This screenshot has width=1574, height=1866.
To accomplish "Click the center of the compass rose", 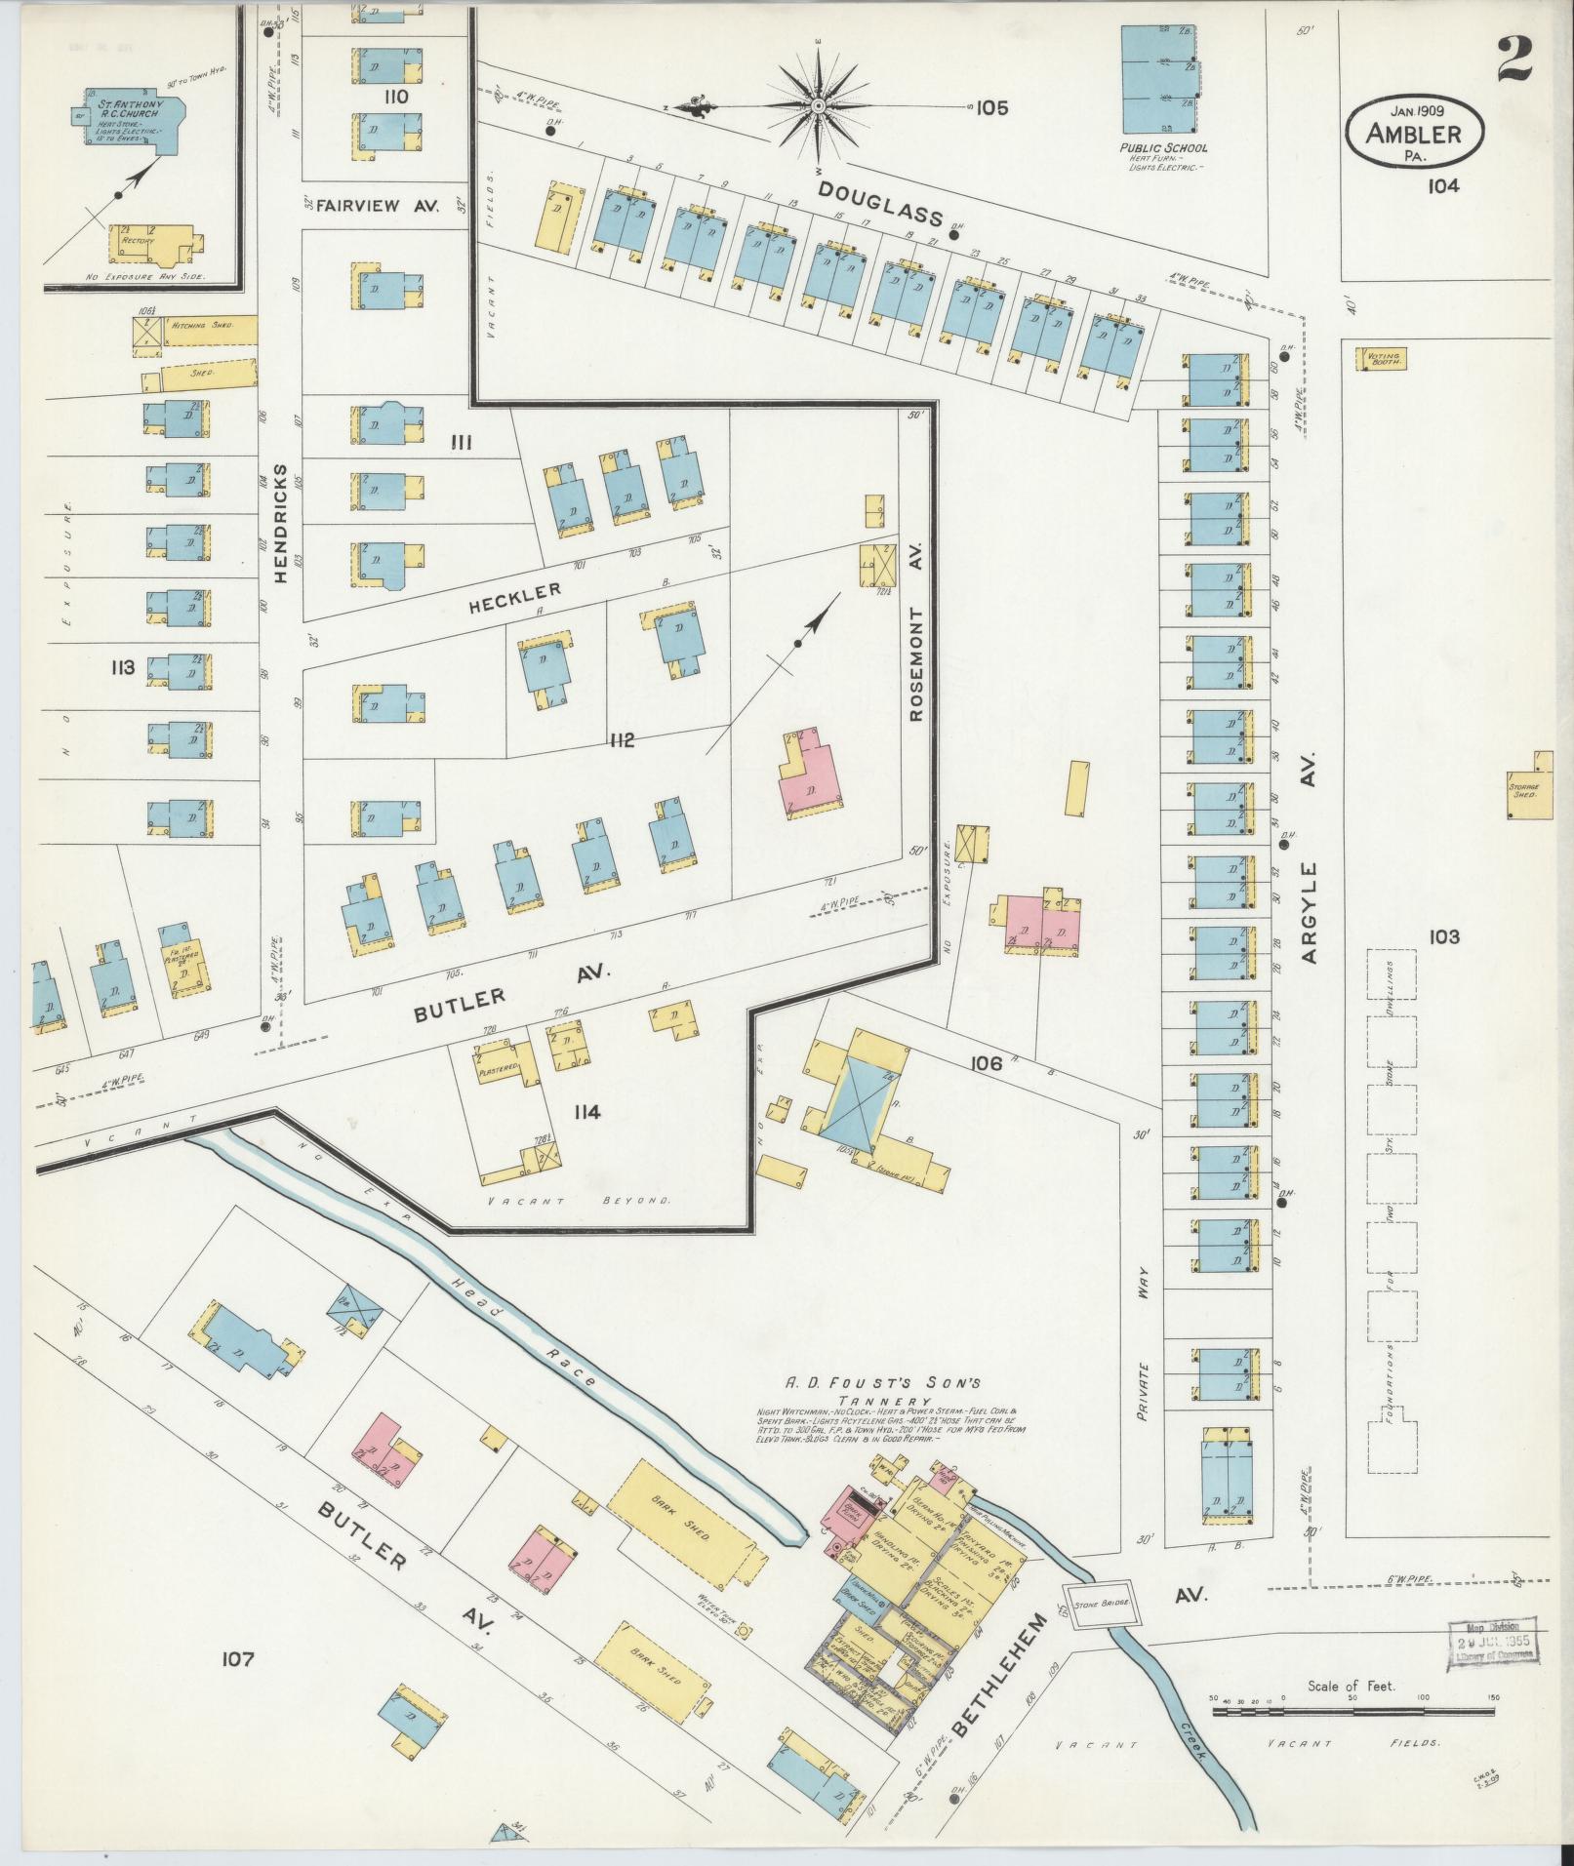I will [x=818, y=105].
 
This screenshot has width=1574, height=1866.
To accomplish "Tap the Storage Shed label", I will [x=1522, y=791].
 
